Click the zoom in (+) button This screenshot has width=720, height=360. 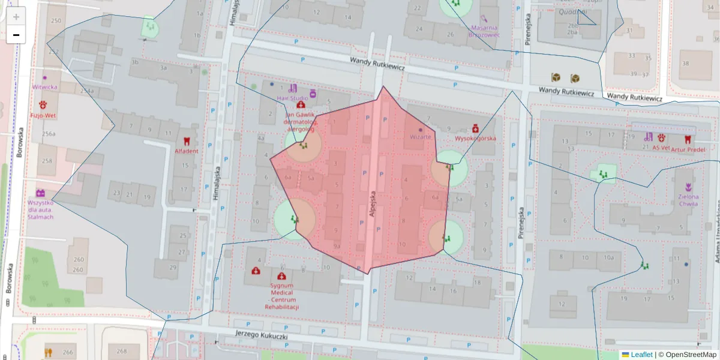(16, 17)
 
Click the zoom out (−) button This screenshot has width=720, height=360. (16, 35)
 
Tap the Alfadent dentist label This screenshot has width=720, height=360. (186, 151)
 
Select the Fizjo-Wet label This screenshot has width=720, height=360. (43, 115)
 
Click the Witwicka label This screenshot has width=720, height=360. (45, 87)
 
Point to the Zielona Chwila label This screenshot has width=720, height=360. (688, 200)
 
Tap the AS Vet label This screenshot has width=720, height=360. (661, 148)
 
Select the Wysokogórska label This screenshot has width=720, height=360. (475, 139)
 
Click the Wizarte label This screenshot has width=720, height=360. (421, 137)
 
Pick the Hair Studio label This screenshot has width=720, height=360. (292, 97)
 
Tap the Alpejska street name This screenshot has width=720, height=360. (373, 204)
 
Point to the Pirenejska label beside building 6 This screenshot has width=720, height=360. (521, 223)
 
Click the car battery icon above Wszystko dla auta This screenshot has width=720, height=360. (41, 193)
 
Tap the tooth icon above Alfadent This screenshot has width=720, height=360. (186, 142)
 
